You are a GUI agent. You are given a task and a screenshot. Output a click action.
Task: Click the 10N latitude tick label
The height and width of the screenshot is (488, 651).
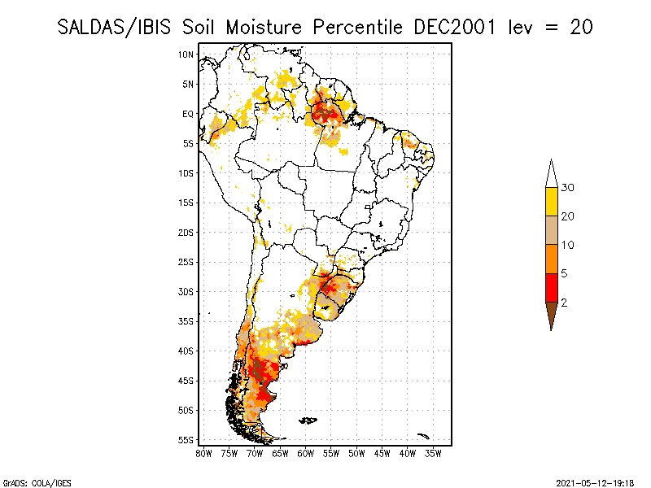[x=186, y=54]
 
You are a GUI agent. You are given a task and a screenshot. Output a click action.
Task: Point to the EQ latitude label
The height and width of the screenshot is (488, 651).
[x=188, y=114]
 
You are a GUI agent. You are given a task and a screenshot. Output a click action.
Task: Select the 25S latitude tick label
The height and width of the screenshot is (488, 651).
[x=186, y=262]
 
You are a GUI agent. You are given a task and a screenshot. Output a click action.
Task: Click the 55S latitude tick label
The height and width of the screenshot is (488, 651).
[x=186, y=439]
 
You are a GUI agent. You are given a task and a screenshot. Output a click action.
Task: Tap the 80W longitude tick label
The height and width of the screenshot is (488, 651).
[x=203, y=453]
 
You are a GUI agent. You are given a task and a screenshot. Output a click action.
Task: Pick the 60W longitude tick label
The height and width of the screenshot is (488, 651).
[x=306, y=453]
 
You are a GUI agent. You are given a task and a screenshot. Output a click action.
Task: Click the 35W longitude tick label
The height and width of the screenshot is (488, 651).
[x=434, y=453]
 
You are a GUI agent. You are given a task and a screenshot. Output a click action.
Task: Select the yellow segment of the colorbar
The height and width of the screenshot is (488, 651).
[x=551, y=202]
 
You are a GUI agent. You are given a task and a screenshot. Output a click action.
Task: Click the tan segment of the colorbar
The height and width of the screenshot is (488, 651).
[x=551, y=230]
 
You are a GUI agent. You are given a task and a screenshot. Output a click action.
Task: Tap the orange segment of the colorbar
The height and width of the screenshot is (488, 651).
[x=551, y=259]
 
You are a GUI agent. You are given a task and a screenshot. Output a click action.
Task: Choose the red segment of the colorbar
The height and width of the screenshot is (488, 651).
[x=551, y=287]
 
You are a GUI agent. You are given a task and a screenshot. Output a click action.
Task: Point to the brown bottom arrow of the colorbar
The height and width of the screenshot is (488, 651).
[x=551, y=313]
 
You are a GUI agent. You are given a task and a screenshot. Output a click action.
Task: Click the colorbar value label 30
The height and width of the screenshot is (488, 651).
[x=568, y=188]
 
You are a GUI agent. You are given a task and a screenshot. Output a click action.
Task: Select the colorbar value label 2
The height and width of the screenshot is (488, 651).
[x=564, y=303]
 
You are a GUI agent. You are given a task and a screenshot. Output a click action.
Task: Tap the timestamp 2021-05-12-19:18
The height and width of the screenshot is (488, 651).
[x=595, y=481]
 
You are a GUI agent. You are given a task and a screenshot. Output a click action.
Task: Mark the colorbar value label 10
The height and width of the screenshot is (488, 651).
[x=568, y=245]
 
